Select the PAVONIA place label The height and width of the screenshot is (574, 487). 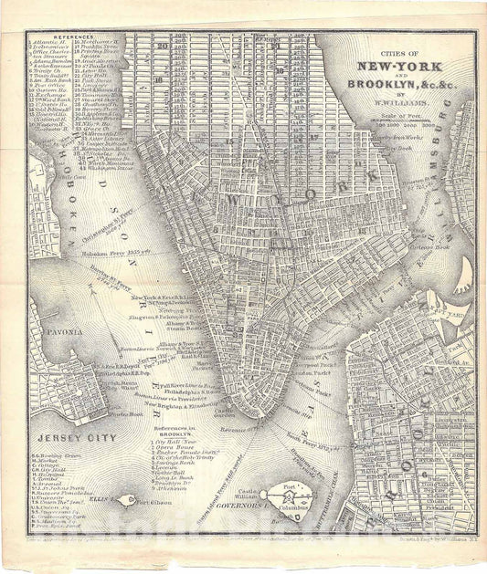pyautogui.click(x=54, y=323)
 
